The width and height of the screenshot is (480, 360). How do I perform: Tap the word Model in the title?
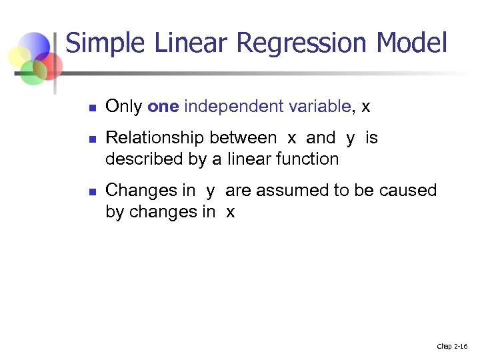411,43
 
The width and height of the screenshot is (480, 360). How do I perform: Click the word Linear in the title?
193,43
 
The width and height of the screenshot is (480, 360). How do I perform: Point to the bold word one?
163,106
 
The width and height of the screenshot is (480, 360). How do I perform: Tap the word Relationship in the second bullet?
155,138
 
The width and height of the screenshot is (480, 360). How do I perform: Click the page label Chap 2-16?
452,346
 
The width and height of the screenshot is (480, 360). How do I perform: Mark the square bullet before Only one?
93,107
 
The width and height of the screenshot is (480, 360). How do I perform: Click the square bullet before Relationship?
93,139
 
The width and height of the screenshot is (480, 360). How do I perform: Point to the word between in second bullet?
243,138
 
